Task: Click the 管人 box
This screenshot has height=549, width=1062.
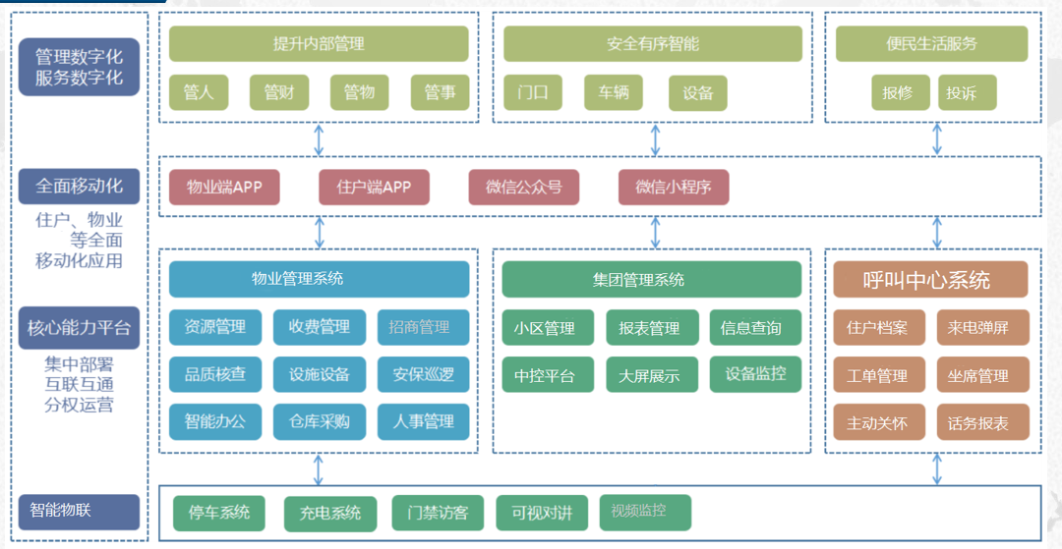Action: pos(199,92)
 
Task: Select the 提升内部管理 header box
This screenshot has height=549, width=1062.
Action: pos(319,44)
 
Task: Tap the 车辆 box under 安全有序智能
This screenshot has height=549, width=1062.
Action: pos(614,93)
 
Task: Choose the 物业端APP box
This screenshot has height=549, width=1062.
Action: pos(224,187)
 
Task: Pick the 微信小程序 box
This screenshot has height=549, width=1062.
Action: pos(674,187)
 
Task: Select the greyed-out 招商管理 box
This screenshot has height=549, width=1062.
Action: pos(420,327)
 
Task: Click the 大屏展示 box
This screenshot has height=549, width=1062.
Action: pos(649,375)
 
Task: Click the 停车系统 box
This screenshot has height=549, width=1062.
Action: pos(219,512)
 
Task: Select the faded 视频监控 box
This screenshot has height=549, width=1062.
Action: pos(645,512)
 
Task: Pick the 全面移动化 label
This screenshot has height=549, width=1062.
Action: pos(79,186)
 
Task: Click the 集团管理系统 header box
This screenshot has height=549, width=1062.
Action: pos(652,280)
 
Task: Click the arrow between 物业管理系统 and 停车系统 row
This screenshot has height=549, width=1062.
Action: pos(320,469)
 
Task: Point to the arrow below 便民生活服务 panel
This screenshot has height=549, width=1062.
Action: pos(936,139)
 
